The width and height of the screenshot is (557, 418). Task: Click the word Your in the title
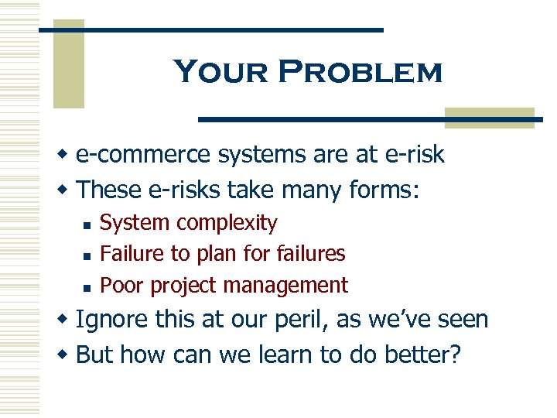point(220,72)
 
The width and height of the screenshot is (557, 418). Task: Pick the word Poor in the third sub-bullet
point(123,285)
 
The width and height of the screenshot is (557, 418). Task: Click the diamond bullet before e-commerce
point(65,155)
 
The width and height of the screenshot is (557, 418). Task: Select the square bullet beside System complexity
point(87,224)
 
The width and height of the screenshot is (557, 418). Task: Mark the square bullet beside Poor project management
point(87,286)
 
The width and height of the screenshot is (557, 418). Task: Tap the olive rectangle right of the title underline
point(489,118)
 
